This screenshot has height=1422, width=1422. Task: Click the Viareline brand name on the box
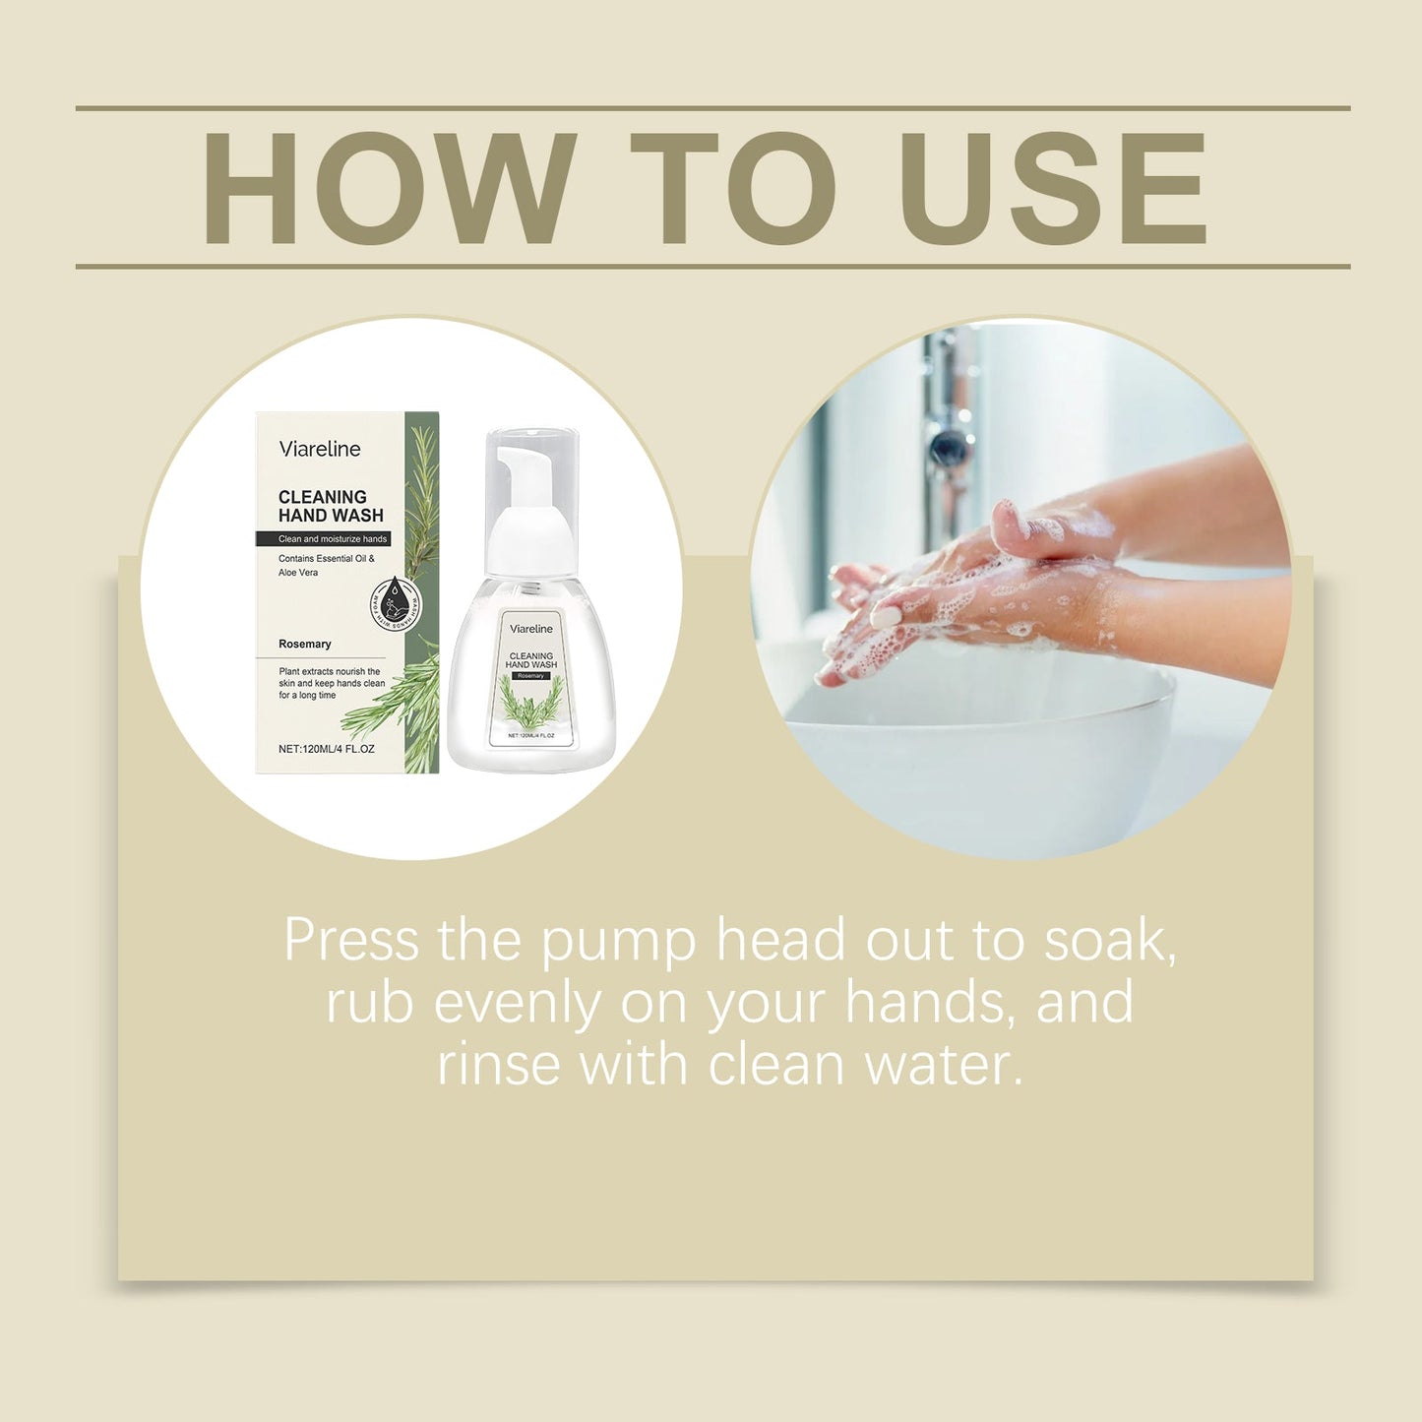pyautogui.click(x=320, y=449)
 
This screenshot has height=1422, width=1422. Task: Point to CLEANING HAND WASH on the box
pyautogui.click(x=330, y=506)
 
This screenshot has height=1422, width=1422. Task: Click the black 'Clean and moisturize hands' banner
pyautogui.click(x=324, y=539)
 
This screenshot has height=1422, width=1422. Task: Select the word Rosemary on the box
pyautogui.click(x=304, y=644)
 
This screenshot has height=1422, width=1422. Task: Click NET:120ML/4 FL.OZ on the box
pyautogui.click(x=326, y=749)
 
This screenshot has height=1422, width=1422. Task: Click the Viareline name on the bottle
pyautogui.click(x=531, y=629)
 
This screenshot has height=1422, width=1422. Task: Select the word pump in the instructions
pyautogui.click(x=619, y=942)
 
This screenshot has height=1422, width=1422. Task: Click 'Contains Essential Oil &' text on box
pyautogui.click(x=326, y=558)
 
